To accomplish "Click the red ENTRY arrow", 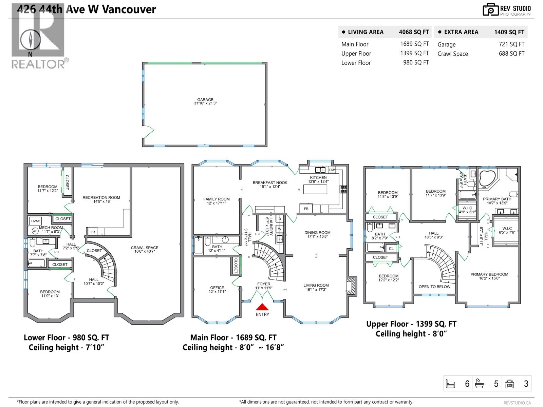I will pos(262,307).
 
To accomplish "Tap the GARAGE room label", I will pos(205,100).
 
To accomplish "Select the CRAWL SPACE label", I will pos(145,248).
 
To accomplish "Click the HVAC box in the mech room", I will pos(36,221).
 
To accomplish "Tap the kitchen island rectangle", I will pos(315,189).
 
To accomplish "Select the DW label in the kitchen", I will pos(332,170).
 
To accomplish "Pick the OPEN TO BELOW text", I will pos(434,287).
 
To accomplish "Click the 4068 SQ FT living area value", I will pos(414,32).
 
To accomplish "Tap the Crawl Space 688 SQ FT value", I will pos(511,54).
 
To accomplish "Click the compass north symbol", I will pos(31,40).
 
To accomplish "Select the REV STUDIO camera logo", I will pos(490,9).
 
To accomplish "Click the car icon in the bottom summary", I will pos(510,384).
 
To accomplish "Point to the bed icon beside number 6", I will pos(450,384).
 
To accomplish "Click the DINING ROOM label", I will pos(317,233).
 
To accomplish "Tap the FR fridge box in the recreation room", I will pos(93,232).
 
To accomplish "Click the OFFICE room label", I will pos(217,288).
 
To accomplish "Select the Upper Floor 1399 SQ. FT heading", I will pos(411,324).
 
